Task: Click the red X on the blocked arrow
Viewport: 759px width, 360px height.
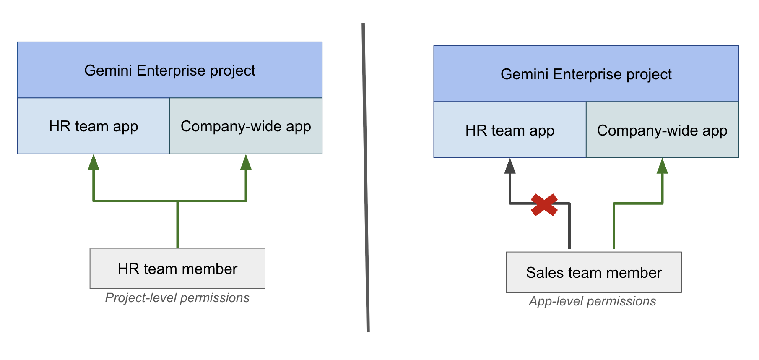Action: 544,205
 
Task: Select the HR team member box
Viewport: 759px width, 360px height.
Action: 177,269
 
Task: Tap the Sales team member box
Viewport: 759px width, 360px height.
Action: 594,272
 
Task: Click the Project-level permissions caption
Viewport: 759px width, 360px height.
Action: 177,298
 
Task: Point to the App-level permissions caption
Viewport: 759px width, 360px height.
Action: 592,301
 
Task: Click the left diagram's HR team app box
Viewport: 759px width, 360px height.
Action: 94,126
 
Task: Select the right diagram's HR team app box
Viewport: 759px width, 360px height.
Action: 510,130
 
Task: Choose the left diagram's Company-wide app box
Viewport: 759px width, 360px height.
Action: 246,126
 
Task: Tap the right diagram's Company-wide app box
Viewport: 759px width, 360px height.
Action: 662,130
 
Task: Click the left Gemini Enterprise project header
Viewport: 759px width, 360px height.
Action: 170,70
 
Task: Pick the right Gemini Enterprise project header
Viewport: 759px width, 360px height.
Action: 586,74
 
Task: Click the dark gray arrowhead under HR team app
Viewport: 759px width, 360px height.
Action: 510,166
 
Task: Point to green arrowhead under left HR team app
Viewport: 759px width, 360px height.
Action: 94,162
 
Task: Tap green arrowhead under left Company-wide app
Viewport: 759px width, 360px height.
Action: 246,162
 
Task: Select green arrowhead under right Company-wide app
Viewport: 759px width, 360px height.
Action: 662,166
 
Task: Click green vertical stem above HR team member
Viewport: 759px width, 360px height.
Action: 177,224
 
